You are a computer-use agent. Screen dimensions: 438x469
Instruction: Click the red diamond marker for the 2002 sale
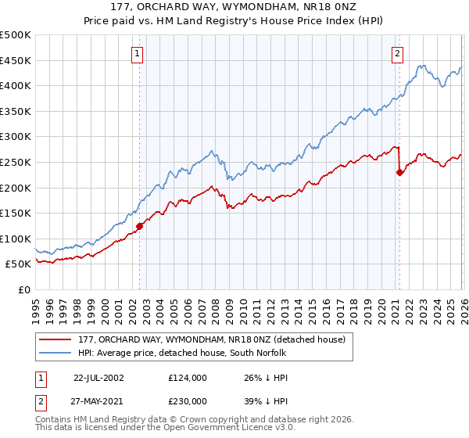[x=140, y=226]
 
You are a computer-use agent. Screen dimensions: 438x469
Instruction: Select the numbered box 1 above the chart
[x=138, y=54]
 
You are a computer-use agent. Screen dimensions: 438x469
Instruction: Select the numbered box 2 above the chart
[x=398, y=54]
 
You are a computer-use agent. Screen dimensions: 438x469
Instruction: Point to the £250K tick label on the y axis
[x=16, y=162]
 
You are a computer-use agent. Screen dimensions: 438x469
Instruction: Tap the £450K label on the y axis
[x=16, y=60]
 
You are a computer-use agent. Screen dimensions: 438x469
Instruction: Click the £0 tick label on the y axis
[x=24, y=290]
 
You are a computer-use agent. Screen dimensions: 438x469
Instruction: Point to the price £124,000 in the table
[x=187, y=377]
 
